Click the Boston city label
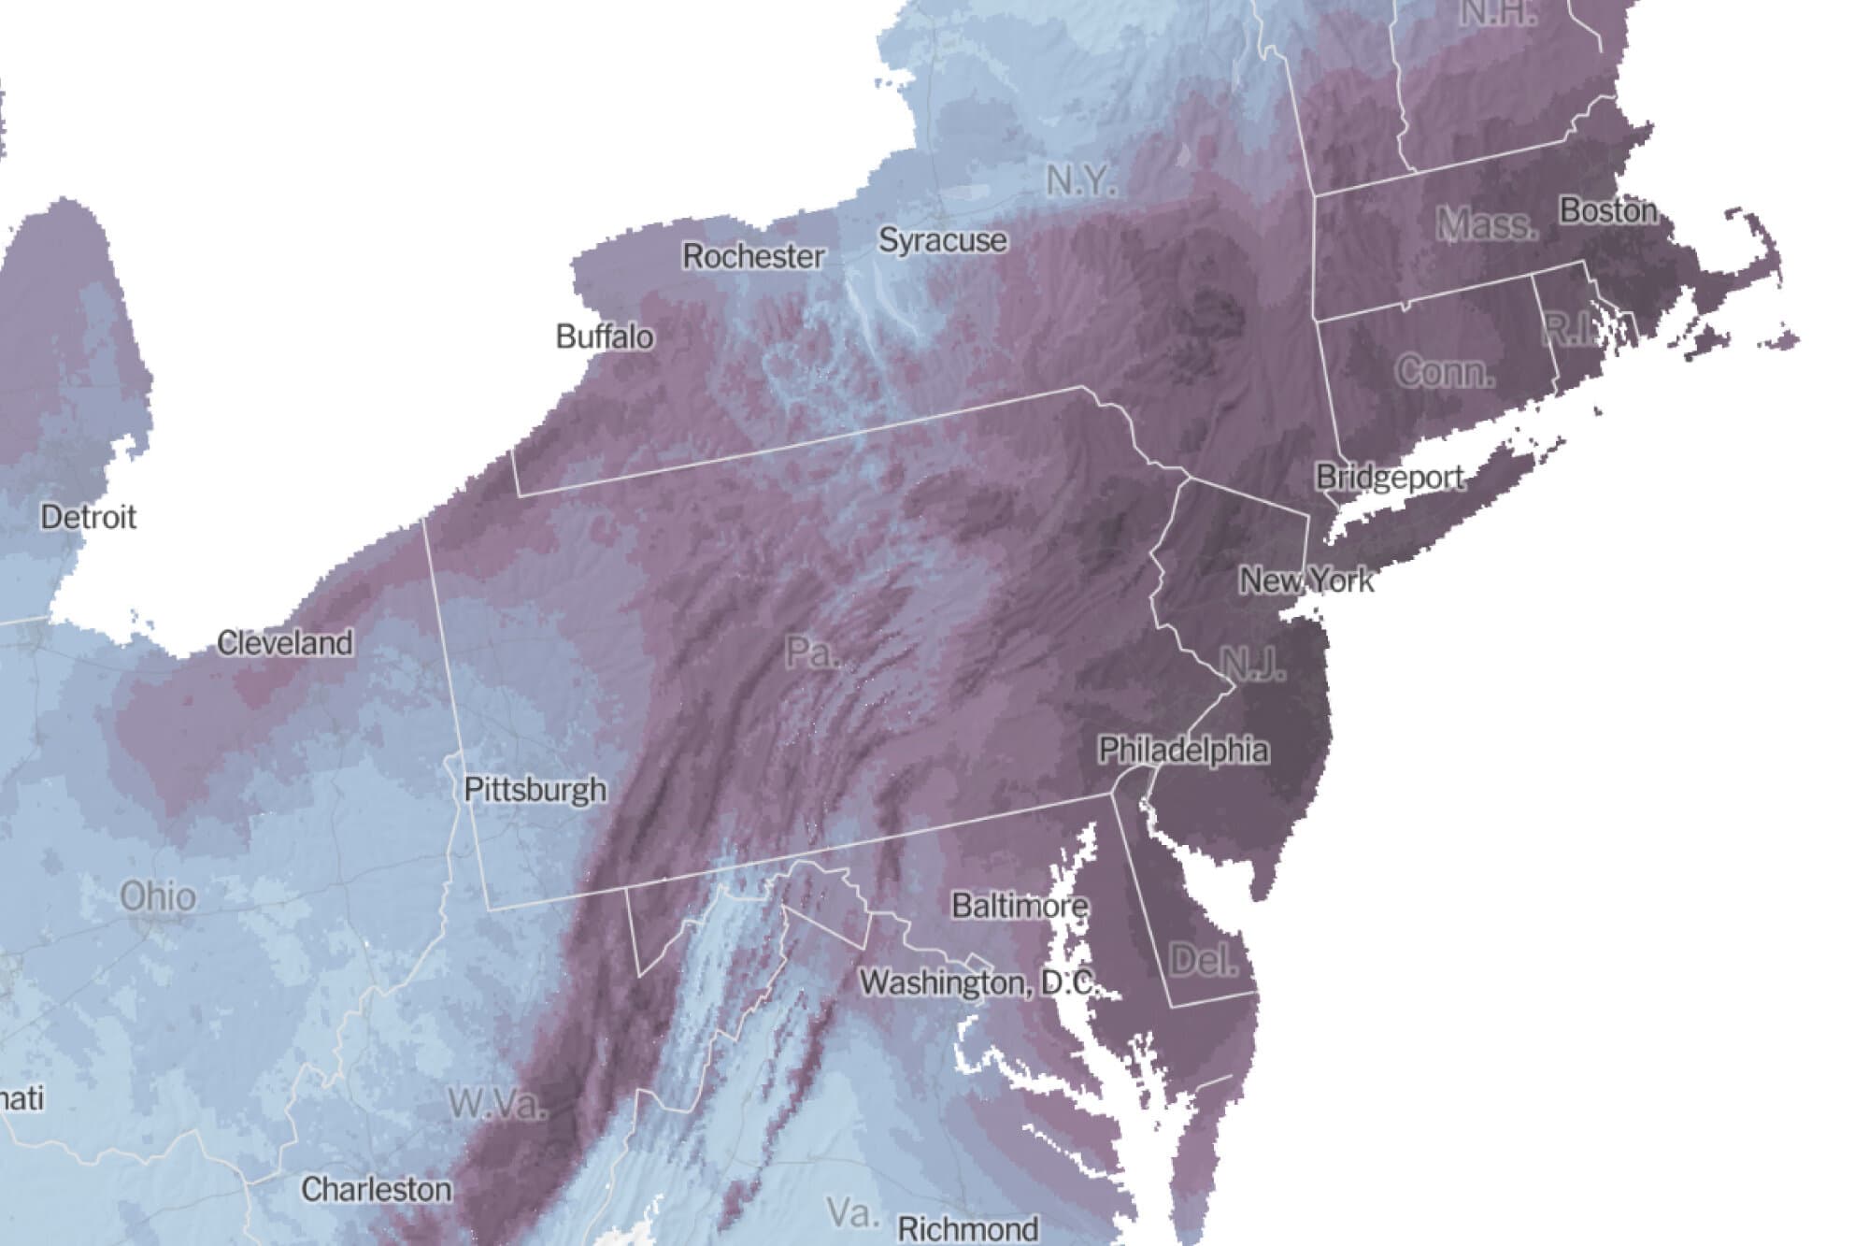pos(1607,211)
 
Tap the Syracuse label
pos(942,240)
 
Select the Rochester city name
pos(753,256)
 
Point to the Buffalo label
pos(605,337)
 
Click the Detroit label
pos(89,517)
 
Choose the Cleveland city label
pos(285,643)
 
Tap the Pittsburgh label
pos(535,790)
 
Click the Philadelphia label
pos(1183,750)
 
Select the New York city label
pos(1305,580)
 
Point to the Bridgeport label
pos(1390,478)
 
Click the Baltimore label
pos(1020,905)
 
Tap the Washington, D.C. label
pos(977,982)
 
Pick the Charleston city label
pos(376,1189)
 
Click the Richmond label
pos(967,1228)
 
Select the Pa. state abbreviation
pos(811,652)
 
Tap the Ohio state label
pos(158,896)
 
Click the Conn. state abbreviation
pos(1445,372)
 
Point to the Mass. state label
pos(1486,223)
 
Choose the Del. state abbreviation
pos(1204,960)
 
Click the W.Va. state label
pos(496,1104)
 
